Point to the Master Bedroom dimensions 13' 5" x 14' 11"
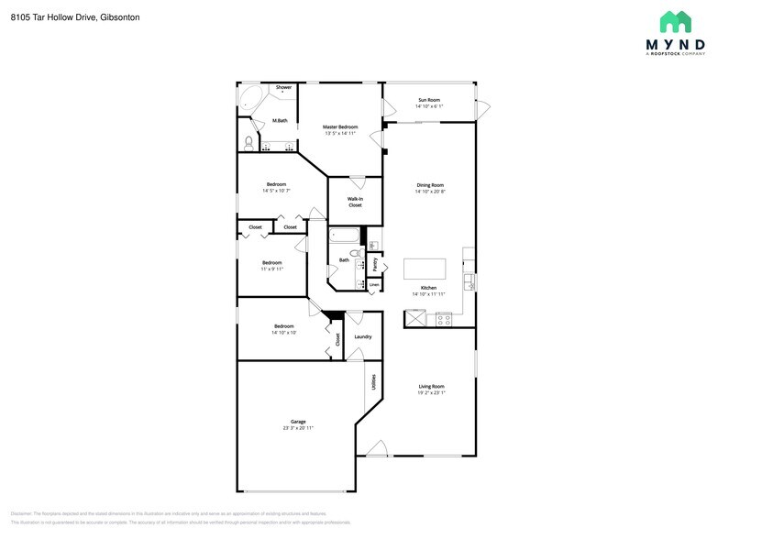coord(340,134)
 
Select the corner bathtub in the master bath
coord(248,96)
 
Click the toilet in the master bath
coord(248,142)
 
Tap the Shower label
coord(283,87)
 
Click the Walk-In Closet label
coord(355,202)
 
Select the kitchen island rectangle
coord(425,269)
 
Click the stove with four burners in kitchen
coord(444,319)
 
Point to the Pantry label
coord(374,264)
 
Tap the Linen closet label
coord(373,285)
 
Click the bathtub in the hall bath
coord(347,237)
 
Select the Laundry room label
coord(362,336)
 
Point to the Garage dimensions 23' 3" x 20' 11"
coord(298,428)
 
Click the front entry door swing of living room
coord(376,448)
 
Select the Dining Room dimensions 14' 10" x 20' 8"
coord(430,192)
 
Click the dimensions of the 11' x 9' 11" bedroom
coord(271,269)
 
